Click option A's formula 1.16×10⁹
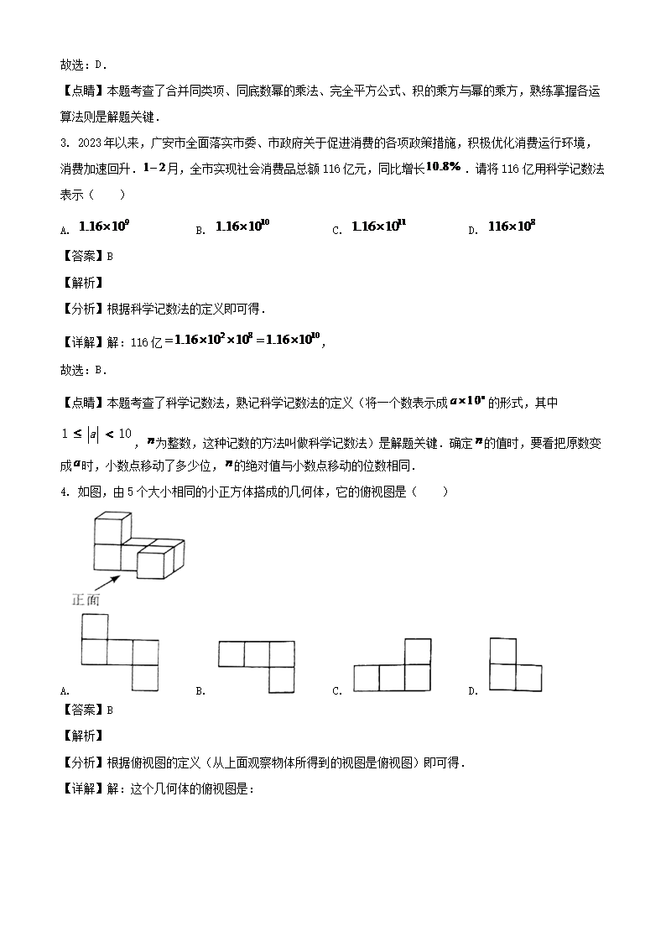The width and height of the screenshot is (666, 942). pyautogui.click(x=104, y=226)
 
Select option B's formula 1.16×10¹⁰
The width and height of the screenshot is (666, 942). pyautogui.click(x=243, y=226)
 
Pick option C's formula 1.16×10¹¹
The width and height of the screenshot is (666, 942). pyautogui.click(x=380, y=226)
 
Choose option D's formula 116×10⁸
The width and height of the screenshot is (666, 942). pyautogui.click(x=513, y=226)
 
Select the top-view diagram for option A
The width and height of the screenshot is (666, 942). pyautogui.click(x=119, y=652)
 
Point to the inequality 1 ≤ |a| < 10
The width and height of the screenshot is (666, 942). pyautogui.click(x=97, y=434)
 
